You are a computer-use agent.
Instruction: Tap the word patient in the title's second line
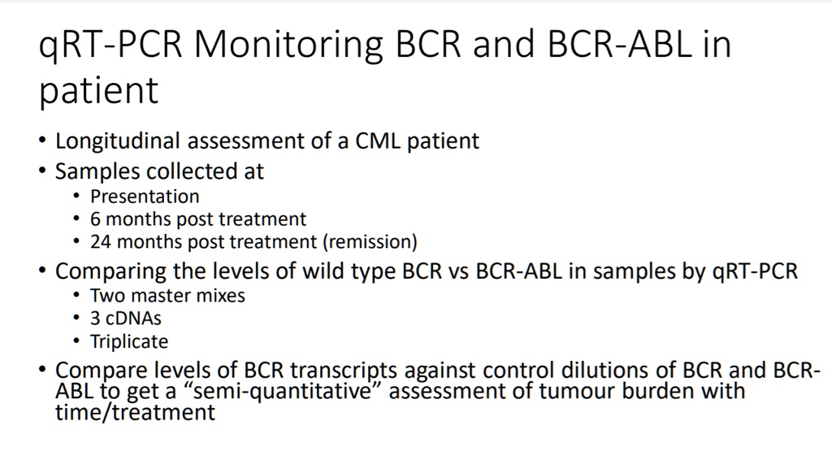click(98, 91)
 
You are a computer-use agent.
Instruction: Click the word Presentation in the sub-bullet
click(145, 197)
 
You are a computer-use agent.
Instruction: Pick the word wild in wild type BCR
click(322, 271)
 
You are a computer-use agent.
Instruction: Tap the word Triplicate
click(129, 341)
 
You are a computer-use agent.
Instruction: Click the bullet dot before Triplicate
click(77, 342)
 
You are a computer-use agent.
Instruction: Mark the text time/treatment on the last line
click(135, 412)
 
